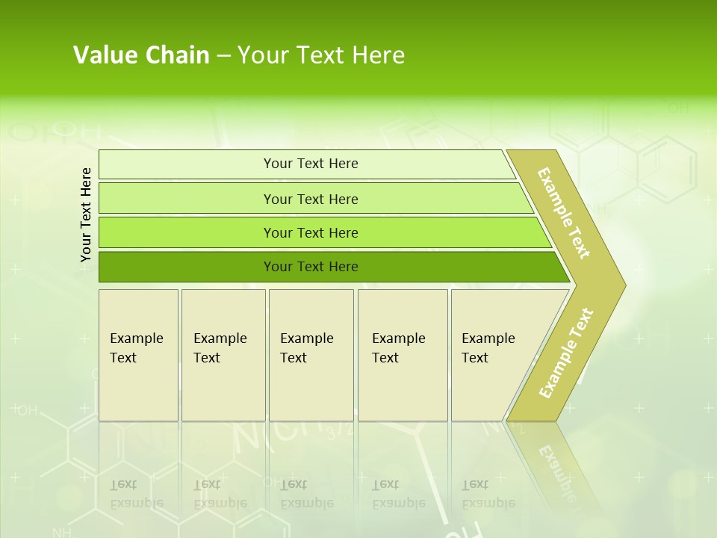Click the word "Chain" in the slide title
pyautogui.click(x=178, y=55)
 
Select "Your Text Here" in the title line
pyautogui.click(x=321, y=55)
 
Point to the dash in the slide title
pyautogui.click(x=223, y=56)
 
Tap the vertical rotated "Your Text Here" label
pyautogui.click(x=86, y=214)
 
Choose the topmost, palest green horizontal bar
pyautogui.click(x=310, y=164)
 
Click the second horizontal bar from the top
pyautogui.click(x=310, y=199)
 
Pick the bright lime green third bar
pyautogui.click(x=310, y=232)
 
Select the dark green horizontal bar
pyautogui.click(x=310, y=267)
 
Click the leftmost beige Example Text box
pyautogui.click(x=138, y=355)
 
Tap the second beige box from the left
pyautogui.click(x=223, y=355)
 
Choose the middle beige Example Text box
pyautogui.click(x=311, y=355)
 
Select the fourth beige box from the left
pyautogui.click(x=403, y=355)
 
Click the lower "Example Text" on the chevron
pyautogui.click(x=566, y=353)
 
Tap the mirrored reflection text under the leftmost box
pyautogui.click(x=137, y=494)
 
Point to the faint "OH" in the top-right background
pyautogui.click(x=677, y=108)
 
